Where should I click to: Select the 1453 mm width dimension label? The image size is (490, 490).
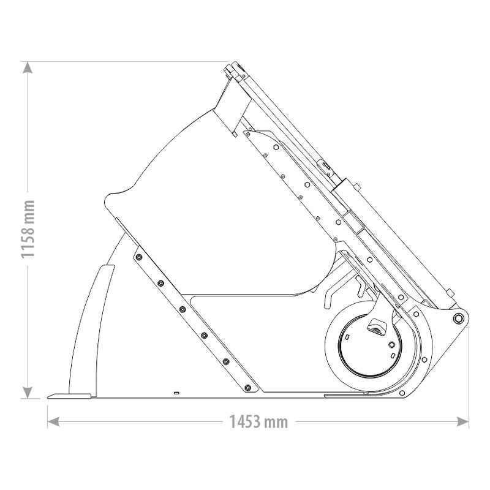pos(258,421)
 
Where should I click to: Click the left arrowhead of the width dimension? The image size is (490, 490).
pos(54,421)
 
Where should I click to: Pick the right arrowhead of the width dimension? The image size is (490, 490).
pos(462,421)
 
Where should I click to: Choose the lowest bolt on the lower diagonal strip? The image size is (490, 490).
pos(247,387)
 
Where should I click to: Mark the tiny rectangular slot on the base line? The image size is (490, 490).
pos(176,392)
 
